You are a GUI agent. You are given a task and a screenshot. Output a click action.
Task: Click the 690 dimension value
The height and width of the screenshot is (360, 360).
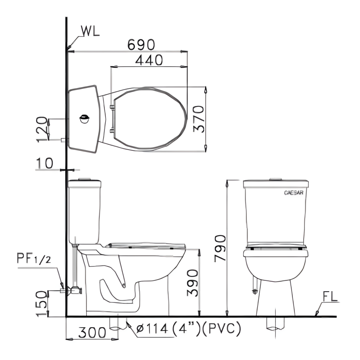tap(141, 44)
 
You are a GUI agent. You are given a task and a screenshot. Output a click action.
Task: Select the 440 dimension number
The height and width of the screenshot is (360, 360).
tap(149, 60)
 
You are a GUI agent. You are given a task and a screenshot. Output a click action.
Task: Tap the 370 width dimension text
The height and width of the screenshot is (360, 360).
tap(199, 119)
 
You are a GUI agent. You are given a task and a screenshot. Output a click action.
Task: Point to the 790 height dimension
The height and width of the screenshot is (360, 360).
tap(220, 248)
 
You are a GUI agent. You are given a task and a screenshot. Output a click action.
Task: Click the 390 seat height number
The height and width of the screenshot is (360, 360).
tap(193, 283)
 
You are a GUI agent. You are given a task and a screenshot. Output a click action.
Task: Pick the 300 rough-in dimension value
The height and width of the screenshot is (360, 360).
tap(92, 332)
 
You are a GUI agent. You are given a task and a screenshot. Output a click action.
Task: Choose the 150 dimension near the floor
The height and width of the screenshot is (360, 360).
tap(42, 304)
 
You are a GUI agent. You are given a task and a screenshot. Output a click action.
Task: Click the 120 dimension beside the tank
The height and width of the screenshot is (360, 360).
tap(42, 130)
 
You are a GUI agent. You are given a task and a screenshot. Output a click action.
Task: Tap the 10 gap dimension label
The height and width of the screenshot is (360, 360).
tap(44, 163)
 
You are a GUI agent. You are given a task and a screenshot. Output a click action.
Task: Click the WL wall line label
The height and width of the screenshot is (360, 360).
tap(90, 31)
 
